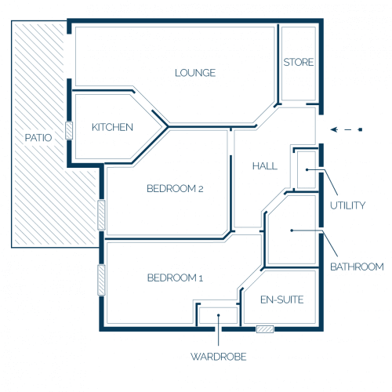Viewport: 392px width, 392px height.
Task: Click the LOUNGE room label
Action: (195, 73)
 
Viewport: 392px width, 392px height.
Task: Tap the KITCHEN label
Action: (112, 127)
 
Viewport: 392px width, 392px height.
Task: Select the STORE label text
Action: (299, 62)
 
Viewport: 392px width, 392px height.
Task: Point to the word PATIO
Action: (38, 138)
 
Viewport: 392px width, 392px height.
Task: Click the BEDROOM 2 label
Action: (175, 188)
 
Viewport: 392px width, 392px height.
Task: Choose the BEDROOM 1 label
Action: (175, 278)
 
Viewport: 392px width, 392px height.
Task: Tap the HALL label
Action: (265, 166)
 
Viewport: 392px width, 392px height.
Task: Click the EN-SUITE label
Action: (282, 299)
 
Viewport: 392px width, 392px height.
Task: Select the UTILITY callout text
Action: (347, 205)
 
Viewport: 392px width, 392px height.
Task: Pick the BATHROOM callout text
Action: (357, 267)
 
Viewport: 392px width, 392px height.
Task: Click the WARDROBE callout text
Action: (219, 357)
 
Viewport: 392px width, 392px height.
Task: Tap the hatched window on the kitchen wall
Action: (69, 130)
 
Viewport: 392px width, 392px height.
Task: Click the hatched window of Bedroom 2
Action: (101, 215)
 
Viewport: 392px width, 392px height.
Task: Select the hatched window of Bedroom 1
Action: (101, 280)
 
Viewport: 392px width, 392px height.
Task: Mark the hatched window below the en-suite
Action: (265, 329)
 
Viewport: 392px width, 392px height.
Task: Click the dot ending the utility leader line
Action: (307, 170)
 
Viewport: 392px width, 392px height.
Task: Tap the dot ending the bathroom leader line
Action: (292, 230)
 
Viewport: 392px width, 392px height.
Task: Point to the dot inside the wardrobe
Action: (219, 315)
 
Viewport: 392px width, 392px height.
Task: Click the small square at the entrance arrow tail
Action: (361, 129)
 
